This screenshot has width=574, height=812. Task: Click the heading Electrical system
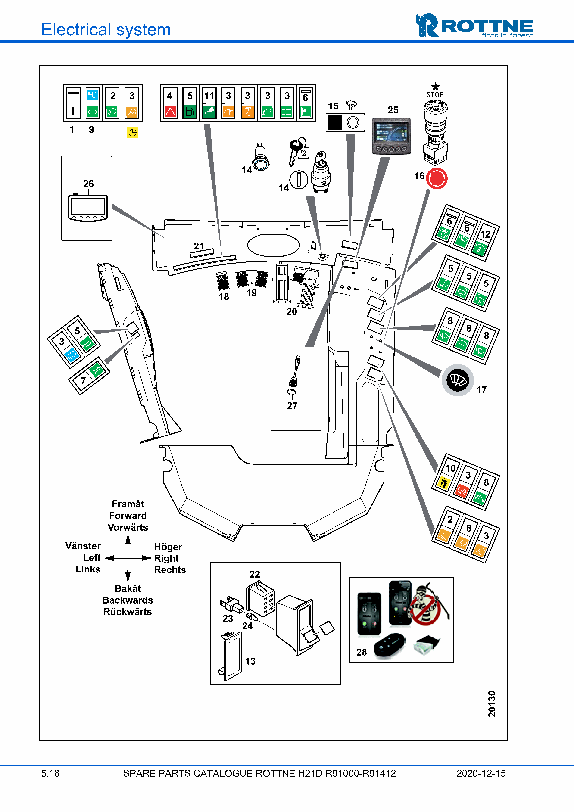click(106, 30)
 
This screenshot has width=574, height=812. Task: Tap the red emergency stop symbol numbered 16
click(437, 179)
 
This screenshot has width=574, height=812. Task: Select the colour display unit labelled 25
click(391, 136)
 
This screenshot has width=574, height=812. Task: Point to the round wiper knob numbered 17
click(458, 380)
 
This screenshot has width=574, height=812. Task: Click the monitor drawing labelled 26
click(88, 208)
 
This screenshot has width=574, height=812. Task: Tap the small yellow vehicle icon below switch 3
click(133, 133)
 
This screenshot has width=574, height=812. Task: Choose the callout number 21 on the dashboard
click(199, 246)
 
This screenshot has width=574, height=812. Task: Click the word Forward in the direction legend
click(128, 516)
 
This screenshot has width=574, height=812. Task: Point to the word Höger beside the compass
click(168, 547)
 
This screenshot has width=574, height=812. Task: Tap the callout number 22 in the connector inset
click(255, 574)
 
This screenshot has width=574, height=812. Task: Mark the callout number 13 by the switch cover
click(250, 661)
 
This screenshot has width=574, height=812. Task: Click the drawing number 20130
click(492, 704)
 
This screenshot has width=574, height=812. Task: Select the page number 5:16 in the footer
click(50, 773)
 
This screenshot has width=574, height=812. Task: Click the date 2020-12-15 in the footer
click(481, 773)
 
